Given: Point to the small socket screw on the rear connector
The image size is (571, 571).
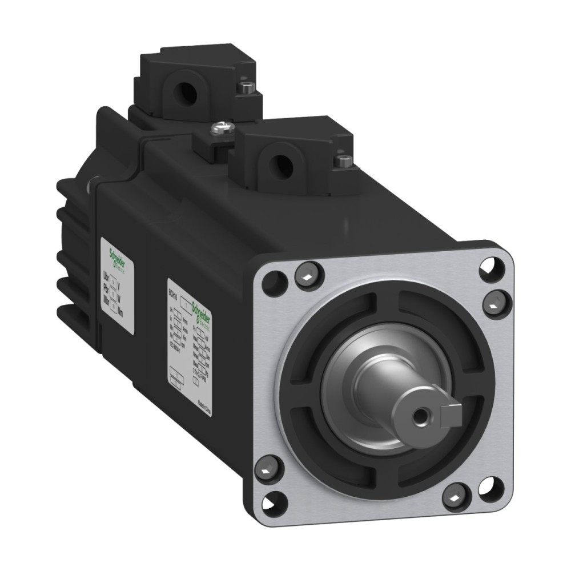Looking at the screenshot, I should click(246, 87).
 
